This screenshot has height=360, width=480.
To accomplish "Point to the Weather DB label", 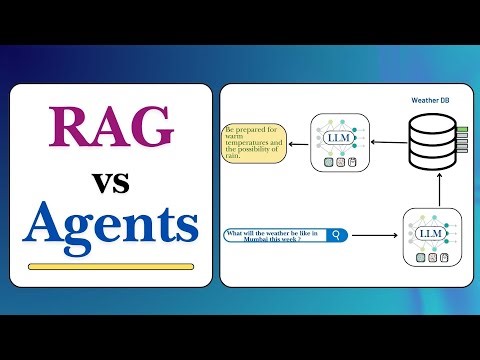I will [x=433, y=100].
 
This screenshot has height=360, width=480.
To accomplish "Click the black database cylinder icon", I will [x=432, y=141].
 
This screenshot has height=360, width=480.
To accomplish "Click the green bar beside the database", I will [x=462, y=130].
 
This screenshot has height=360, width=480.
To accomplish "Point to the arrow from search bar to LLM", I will [x=374, y=237].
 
